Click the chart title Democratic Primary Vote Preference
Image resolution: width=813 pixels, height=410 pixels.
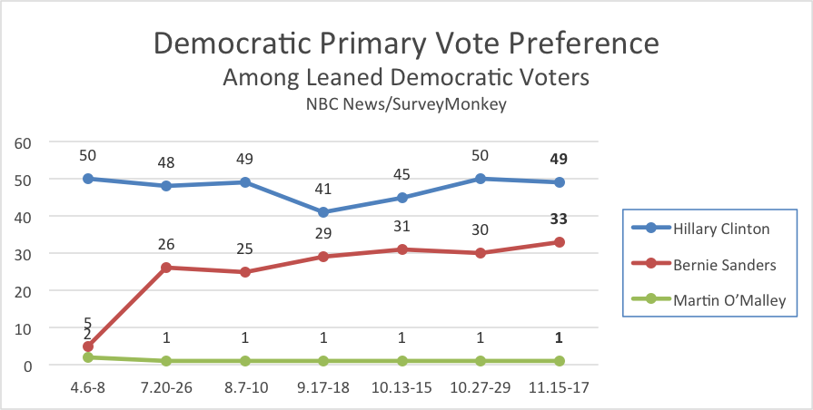[x=405, y=44]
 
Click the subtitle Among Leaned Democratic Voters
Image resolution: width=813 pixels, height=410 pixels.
[x=405, y=78]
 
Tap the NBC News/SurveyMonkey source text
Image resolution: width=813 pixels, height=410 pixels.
[x=405, y=104]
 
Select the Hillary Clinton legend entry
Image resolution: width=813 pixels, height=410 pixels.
[x=718, y=229]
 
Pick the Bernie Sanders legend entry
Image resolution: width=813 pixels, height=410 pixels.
[x=718, y=264]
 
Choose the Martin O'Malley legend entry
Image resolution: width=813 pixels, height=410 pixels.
[x=718, y=300]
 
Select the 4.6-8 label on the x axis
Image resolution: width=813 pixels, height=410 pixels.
[x=87, y=386]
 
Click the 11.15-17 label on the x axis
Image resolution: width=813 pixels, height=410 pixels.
[x=560, y=386]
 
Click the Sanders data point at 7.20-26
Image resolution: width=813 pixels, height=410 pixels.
[x=166, y=268]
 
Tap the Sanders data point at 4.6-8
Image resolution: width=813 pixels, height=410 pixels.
[x=87, y=347]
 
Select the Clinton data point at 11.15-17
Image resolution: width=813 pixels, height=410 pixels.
[x=560, y=182]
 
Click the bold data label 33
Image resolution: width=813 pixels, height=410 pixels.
[x=560, y=219]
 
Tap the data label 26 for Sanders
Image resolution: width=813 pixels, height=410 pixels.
[x=166, y=245]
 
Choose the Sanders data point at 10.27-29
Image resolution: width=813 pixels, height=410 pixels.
[x=481, y=253]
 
